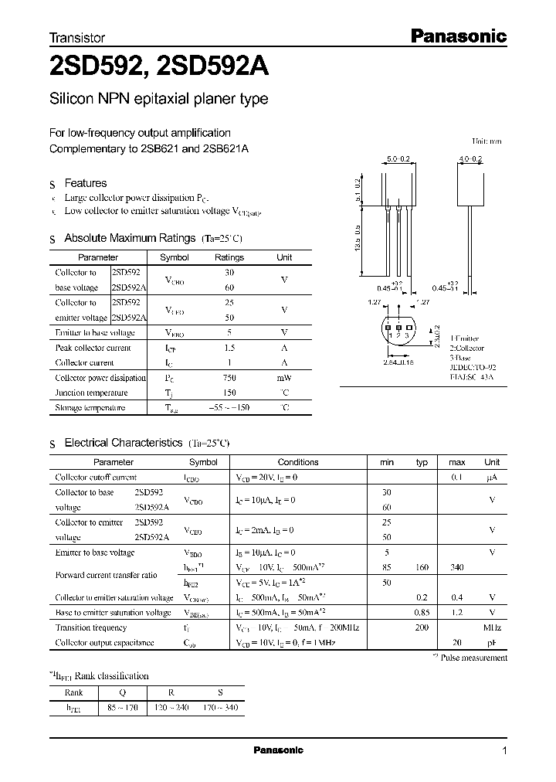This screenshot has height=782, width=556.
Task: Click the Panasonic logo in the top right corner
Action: tap(457, 36)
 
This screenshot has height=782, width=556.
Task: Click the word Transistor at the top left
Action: tap(77, 38)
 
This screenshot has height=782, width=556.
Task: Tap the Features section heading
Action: tap(85, 183)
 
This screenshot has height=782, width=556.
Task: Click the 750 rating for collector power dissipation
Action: tap(229, 378)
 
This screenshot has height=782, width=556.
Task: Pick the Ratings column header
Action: tap(229, 257)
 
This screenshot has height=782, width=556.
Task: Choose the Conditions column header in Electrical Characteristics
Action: tap(297, 462)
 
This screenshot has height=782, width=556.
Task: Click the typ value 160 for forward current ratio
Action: tap(422, 566)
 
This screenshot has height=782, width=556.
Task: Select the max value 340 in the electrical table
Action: tap(456, 566)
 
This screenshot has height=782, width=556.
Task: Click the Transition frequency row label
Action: tap(90, 627)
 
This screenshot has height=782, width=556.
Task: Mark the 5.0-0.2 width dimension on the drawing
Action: tap(398, 158)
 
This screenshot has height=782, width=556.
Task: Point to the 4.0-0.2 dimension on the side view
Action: tap(470, 158)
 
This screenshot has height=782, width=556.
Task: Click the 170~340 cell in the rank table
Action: tap(221, 707)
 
